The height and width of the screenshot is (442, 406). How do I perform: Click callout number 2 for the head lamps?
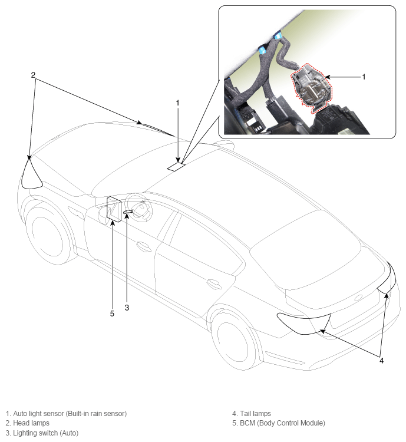tap(33, 75)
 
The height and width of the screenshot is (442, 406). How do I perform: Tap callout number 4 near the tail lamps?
tap(381, 361)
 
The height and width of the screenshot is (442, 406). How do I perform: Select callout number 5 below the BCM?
tap(112, 314)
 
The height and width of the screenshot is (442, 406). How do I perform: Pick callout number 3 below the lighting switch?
tap(127, 308)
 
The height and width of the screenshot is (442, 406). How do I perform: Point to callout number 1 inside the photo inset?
tap(364, 77)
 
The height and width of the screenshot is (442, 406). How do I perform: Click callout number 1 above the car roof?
tap(177, 103)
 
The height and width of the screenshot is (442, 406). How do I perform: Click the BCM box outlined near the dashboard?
tap(114, 209)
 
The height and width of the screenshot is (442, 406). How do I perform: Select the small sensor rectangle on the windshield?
tap(176, 167)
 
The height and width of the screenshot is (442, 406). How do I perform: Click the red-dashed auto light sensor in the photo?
tap(312, 88)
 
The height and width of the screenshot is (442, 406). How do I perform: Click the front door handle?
tap(143, 246)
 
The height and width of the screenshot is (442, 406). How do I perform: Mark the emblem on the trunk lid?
tap(358, 298)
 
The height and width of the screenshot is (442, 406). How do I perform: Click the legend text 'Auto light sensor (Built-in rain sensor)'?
tap(70, 414)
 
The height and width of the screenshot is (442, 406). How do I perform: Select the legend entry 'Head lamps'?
tap(31, 423)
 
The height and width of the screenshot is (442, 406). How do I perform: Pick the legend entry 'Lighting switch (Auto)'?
tap(46, 433)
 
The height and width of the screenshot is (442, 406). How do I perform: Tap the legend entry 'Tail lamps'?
tap(255, 414)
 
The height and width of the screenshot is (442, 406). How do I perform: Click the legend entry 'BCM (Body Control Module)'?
tap(282, 423)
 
